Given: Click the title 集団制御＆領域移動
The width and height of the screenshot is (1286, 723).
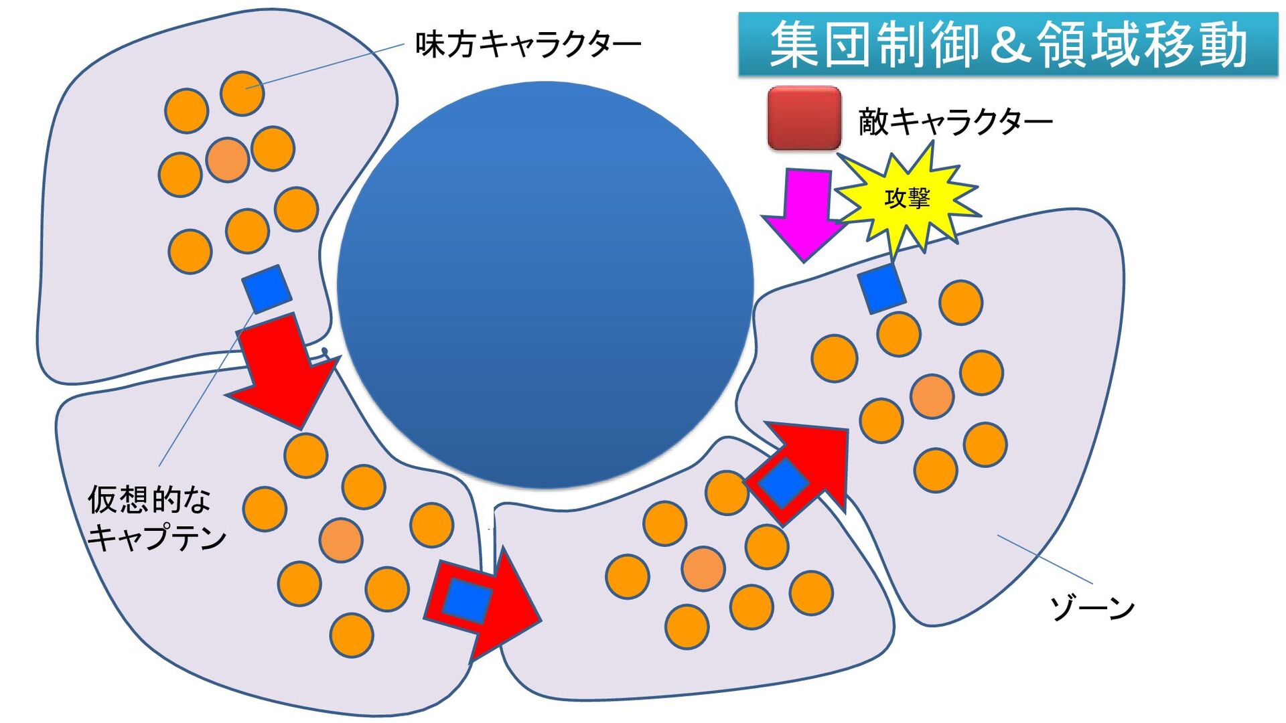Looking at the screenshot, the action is [1007, 44].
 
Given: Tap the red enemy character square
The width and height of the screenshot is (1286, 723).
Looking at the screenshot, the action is [804, 118].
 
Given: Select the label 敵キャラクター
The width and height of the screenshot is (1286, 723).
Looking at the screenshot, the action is [955, 121].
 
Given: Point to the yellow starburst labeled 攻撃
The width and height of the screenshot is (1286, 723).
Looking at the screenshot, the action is [908, 198].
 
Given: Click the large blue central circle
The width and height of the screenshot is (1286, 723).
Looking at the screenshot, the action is [545, 285].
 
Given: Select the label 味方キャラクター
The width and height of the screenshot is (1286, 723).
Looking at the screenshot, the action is [528, 44].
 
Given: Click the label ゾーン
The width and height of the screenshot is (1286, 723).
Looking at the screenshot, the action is [1092, 607].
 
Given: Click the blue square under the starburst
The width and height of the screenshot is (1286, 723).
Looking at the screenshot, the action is [881, 288].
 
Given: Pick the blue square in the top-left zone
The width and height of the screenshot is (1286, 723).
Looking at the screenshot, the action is [266, 289].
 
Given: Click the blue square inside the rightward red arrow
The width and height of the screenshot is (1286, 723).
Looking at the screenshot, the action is [467, 600].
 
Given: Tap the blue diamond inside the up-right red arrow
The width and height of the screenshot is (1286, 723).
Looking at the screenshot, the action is [783, 483].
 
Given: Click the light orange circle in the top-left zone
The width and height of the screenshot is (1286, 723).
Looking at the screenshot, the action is [228, 160].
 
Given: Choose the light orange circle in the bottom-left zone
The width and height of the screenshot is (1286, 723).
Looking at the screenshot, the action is [341, 540].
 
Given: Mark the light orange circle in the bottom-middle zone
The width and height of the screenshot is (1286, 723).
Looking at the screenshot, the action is [703, 568].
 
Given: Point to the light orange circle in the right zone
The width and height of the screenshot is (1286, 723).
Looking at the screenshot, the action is [932, 396].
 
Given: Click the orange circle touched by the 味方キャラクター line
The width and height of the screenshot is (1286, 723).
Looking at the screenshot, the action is [242, 93].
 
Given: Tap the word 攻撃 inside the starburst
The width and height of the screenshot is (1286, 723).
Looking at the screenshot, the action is [908, 198].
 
